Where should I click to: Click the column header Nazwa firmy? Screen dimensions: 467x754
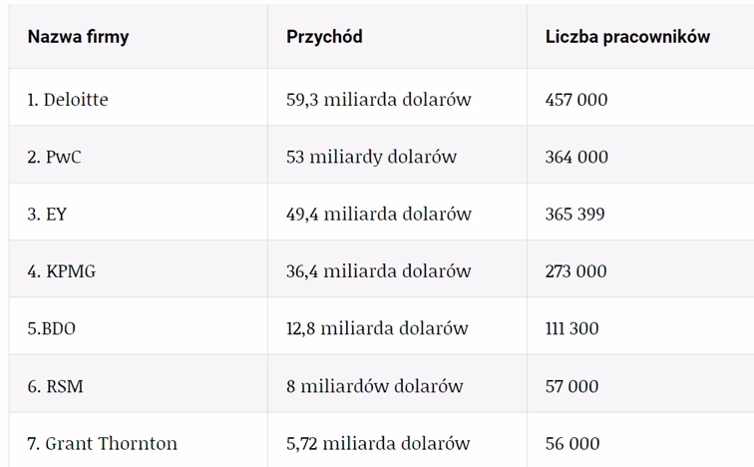coord(78,37)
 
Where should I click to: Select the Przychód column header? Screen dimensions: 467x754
coord(324,37)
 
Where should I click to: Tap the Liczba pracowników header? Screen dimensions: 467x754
coord(627,37)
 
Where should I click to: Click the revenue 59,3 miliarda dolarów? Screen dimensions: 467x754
coord(378,100)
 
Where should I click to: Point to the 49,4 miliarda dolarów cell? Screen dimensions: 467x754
coord(378,214)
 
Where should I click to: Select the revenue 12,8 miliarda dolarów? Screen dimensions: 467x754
coord(377,328)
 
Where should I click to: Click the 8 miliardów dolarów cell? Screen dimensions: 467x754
coord(374,386)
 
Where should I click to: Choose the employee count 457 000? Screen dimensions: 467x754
coord(576,100)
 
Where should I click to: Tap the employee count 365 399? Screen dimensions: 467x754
coord(574,214)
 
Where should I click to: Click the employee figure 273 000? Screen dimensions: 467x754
coord(575,271)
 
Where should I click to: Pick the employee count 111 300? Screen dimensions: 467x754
coord(572,328)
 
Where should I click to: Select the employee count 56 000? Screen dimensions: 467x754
coord(572,443)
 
